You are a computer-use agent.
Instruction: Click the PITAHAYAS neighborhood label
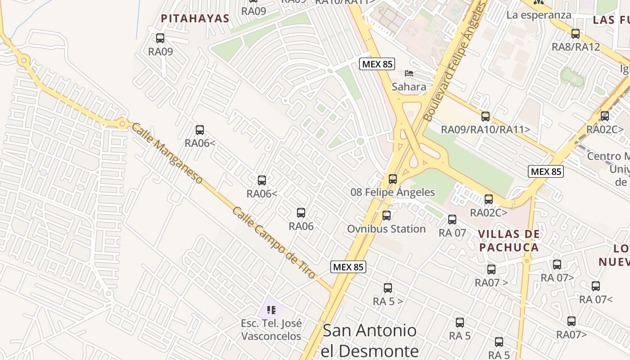tap(195, 18)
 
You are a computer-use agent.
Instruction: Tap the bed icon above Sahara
tap(409, 73)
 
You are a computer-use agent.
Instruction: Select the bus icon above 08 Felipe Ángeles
tap(393, 179)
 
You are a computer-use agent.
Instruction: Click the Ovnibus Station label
tap(386, 229)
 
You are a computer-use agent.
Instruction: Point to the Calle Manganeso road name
tap(166, 153)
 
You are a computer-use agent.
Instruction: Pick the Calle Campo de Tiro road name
tap(274, 243)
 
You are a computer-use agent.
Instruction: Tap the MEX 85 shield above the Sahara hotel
tap(377, 64)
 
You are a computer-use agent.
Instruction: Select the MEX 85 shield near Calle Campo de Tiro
tap(348, 267)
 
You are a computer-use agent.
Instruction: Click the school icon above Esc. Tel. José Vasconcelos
tap(271, 310)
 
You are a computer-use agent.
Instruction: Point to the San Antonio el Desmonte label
tap(370, 340)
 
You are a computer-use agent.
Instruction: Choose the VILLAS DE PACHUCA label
tap(508, 241)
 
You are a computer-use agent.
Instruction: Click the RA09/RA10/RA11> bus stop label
tap(485, 130)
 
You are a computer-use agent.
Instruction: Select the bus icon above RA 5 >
tap(387, 288)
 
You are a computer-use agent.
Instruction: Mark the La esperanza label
tap(539, 15)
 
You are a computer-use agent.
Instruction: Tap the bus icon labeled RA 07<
tap(596, 286)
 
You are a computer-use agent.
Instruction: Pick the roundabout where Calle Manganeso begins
tap(122, 123)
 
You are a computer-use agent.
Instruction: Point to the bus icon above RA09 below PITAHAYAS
tap(160, 38)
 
